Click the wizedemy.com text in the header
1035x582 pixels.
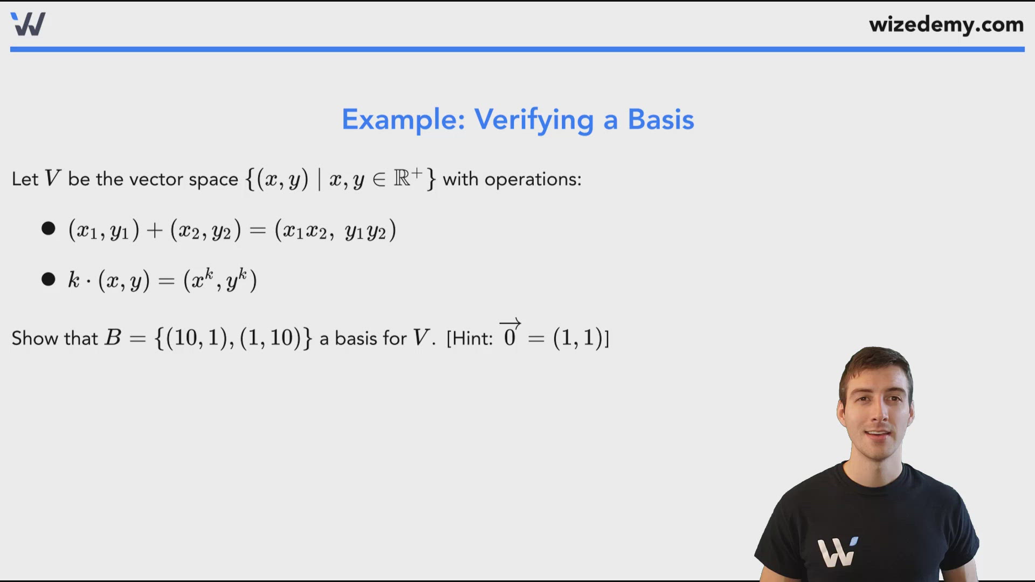946,25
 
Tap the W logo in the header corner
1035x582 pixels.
28,24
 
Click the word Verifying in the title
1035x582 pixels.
534,120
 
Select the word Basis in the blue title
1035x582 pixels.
660,120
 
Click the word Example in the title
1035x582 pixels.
403,120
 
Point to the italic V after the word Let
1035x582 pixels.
52,178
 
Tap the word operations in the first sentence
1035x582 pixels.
532,179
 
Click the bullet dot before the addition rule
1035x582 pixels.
49,228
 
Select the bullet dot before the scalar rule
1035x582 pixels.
49,279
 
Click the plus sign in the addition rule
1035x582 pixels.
155,231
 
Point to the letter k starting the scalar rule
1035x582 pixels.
74,280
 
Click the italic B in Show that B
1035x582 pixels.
113,338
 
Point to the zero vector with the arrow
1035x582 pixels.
510,334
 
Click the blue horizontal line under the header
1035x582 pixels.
517,50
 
